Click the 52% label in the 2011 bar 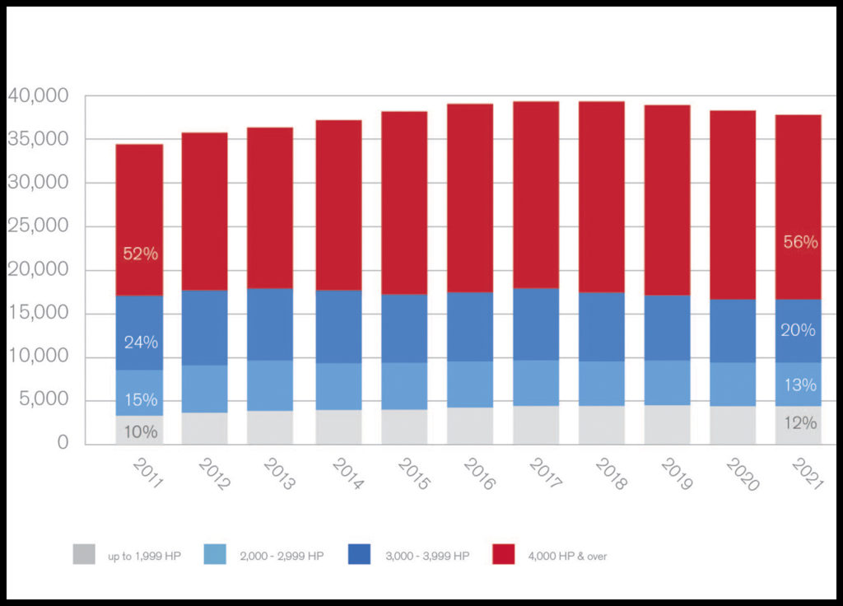(140, 254)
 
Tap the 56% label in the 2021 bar (800, 242)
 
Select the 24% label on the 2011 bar (141, 343)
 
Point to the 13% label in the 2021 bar (800, 385)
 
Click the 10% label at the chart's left (141, 431)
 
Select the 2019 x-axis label (676, 476)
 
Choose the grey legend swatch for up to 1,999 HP (84, 554)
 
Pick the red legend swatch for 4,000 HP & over (504, 554)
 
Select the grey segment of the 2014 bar (338, 427)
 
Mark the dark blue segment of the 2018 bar (601, 327)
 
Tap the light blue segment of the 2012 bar (205, 389)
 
